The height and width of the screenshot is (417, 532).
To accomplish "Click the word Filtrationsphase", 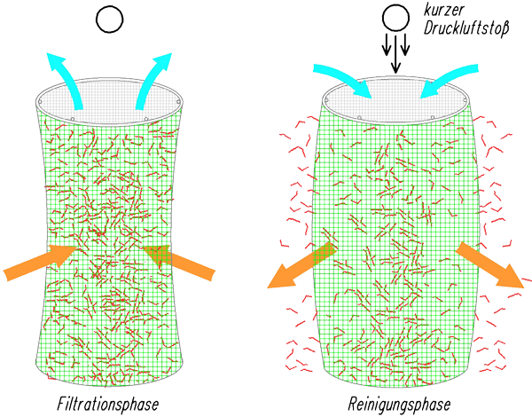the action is coord(108,405).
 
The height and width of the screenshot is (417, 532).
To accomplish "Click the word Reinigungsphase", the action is coord(399,405).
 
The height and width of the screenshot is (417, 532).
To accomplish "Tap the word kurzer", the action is coord(443,10).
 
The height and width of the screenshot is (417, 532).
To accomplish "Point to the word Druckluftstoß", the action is coord(466,28).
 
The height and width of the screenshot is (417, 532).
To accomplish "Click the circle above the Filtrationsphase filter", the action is coord(110,20).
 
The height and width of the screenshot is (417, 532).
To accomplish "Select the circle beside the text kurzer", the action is coord(395,18).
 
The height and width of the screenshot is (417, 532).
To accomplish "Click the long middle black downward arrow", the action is coord(395,52).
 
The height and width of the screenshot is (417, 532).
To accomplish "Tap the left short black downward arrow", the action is coord(387,45).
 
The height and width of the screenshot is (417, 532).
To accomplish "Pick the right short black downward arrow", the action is coord(405,45).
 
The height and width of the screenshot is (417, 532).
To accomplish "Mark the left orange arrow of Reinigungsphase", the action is coord(301,265).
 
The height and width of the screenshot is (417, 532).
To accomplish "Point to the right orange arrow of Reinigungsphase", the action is coord(490,265).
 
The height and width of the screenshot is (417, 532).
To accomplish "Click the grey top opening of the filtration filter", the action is coord(109,101).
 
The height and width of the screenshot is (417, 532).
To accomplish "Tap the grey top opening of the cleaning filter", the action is coord(396,99).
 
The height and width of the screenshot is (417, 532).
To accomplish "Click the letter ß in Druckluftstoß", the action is coord(505,28).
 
